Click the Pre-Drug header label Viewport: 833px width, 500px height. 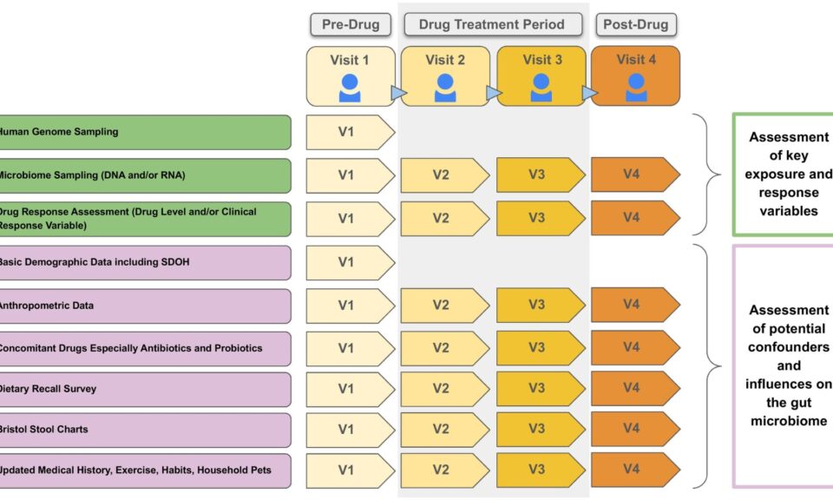351,24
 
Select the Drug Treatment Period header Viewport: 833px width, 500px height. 491,24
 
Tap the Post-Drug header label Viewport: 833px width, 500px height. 635,24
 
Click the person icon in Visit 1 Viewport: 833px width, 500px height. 350,87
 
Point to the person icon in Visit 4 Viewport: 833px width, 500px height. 636,87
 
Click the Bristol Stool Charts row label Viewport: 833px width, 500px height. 43,429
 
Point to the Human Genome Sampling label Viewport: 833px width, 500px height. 59,132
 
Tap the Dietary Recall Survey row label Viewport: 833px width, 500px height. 48,389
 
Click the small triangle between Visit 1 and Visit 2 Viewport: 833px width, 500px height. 398,92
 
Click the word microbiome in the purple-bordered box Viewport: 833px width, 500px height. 788,421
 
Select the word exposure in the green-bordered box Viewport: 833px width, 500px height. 788,174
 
